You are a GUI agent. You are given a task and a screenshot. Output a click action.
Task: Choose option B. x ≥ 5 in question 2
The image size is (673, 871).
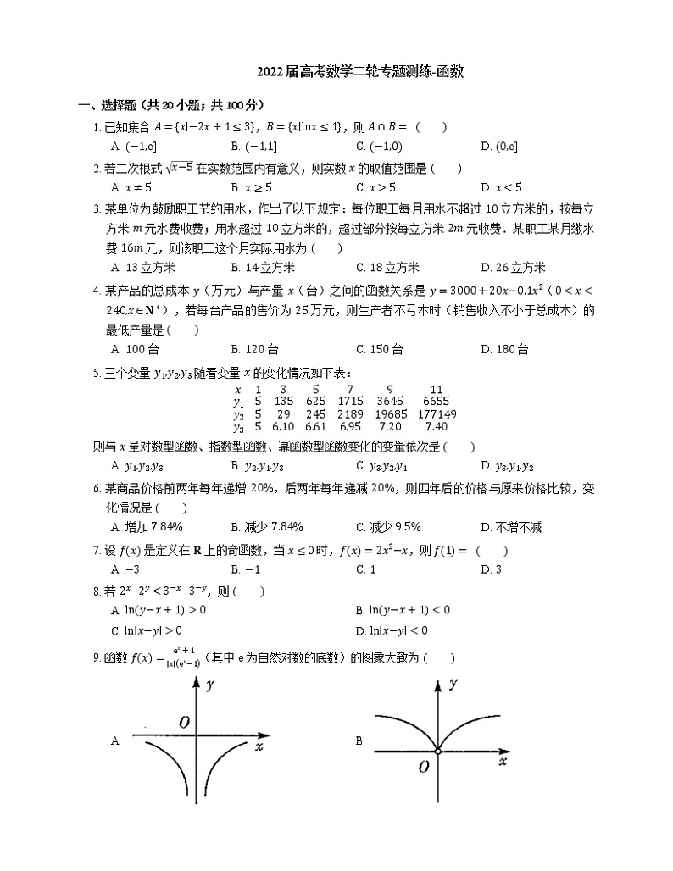(251, 187)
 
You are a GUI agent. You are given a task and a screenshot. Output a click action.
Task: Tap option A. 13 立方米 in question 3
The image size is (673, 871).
(143, 268)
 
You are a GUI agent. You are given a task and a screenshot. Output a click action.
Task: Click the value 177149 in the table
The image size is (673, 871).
(437, 414)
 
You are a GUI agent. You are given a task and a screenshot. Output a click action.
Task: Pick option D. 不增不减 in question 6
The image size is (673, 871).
(510, 528)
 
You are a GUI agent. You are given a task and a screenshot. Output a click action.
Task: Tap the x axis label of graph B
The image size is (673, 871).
(503, 762)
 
